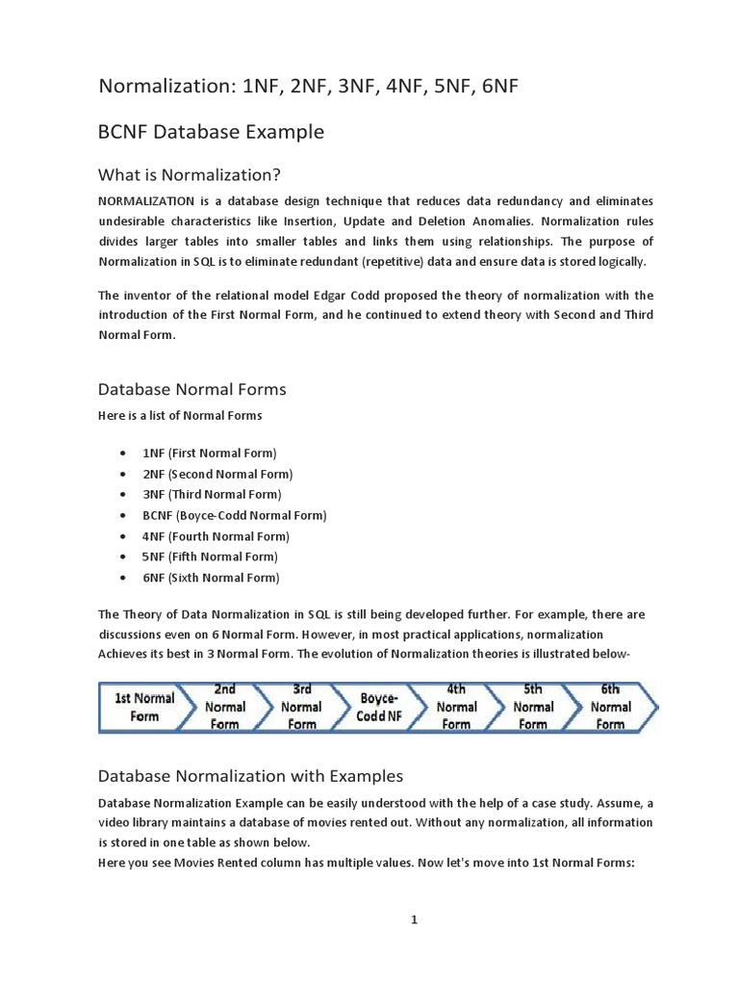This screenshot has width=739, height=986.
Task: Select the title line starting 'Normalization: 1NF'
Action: coord(309,88)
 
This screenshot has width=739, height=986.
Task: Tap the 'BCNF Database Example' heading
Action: coord(212,132)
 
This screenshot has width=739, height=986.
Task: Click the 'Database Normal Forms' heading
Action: coord(192,390)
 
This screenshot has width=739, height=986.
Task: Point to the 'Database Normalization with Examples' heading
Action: coord(250,775)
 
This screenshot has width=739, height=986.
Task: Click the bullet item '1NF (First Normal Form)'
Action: coord(209,453)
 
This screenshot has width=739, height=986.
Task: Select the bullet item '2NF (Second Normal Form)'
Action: coord(217,474)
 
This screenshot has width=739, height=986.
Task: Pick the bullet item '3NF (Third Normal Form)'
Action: coord(212,495)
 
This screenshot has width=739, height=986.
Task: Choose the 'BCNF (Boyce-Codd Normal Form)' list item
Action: coord(235,515)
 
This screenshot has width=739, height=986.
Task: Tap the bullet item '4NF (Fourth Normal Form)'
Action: coord(216,536)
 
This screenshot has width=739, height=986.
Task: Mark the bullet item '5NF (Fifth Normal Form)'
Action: coord(210,558)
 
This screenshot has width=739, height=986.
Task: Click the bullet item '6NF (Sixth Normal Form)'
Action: coord(211,578)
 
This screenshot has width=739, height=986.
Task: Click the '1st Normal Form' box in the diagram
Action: coord(144,707)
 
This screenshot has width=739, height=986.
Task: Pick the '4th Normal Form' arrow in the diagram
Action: coord(456,707)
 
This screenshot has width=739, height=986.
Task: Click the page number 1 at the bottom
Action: coord(415,920)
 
